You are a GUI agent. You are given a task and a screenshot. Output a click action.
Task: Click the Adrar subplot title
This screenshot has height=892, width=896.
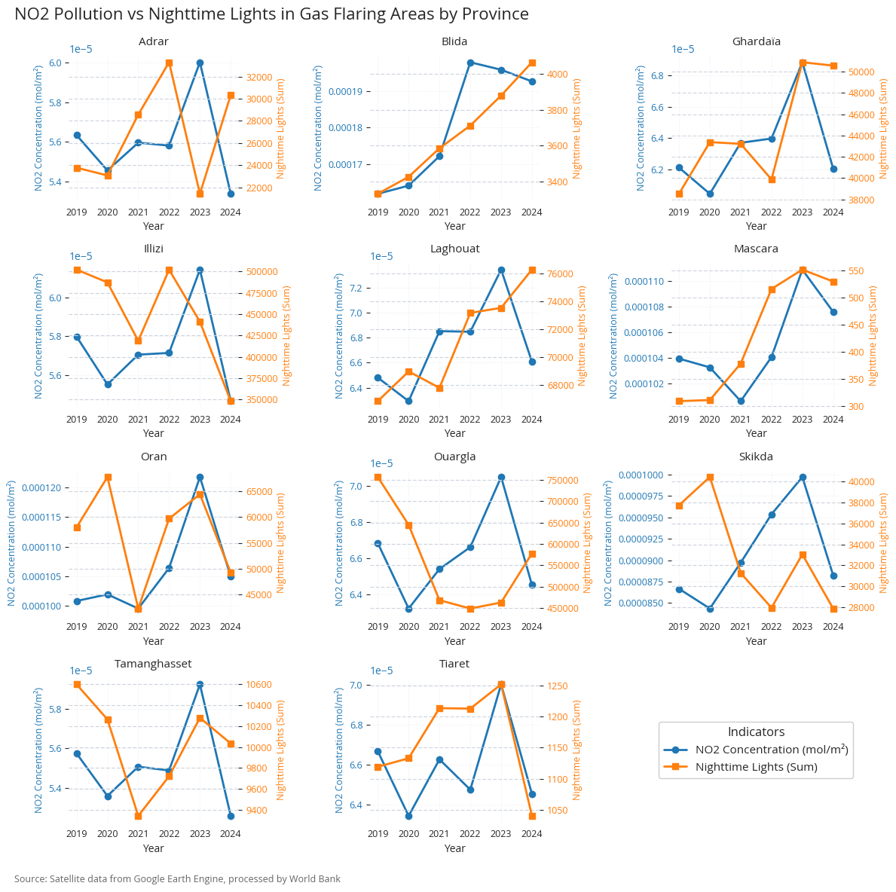click(x=153, y=41)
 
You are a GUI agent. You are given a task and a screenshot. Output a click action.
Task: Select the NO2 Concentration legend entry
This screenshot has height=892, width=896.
click(x=772, y=750)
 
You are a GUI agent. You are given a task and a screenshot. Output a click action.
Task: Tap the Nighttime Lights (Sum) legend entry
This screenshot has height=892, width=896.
click(x=756, y=767)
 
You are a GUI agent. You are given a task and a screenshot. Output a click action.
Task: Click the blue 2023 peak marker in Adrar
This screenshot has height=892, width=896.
click(x=200, y=63)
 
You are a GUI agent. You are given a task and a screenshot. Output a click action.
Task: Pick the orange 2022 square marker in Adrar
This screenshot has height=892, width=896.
click(x=169, y=63)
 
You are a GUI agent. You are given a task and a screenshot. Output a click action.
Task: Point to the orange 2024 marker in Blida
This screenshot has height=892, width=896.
click(x=532, y=63)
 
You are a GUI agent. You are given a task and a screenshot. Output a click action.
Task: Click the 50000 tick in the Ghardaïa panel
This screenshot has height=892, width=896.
click(x=861, y=72)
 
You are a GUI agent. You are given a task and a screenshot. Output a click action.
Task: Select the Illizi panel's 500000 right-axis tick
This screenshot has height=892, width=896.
click(x=264, y=271)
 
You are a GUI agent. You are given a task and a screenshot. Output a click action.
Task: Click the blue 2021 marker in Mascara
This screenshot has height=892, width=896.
click(x=741, y=401)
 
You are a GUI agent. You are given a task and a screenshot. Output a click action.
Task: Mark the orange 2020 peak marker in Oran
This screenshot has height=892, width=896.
click(x=108, y=477)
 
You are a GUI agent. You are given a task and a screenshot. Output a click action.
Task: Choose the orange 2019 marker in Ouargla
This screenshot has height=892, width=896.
click(x=378, y=477)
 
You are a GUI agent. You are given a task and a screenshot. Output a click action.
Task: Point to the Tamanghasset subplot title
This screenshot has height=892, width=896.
click(x=153, y=664)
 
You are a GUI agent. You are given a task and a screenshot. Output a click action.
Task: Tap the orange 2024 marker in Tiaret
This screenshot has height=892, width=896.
click(x=532, y=816)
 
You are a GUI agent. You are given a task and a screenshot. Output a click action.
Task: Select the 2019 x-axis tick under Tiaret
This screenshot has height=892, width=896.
click(x=378, y=834)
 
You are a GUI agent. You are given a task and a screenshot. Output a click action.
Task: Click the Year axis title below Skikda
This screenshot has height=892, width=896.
click(x=756, y=641)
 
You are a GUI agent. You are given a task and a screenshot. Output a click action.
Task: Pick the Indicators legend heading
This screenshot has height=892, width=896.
click(x=756, y=732)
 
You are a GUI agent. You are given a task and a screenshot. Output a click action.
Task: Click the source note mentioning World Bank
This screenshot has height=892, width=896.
click(x=177, y=878)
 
